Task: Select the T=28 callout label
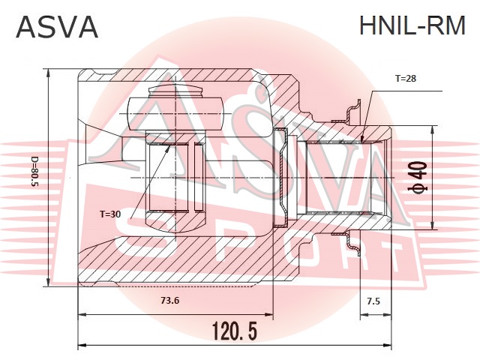tap(406, 78)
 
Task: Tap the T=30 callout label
tap(110, 214)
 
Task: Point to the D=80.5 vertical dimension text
tap(35, 172)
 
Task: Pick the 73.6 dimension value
tap(170, 301)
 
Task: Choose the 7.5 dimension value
tap(373, 301)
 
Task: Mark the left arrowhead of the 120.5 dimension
tap(82, 345)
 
